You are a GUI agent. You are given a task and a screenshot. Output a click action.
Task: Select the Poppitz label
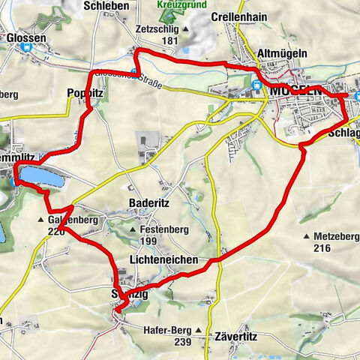[x=85, y=90]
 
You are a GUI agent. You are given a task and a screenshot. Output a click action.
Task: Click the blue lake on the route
[x=39, y=175]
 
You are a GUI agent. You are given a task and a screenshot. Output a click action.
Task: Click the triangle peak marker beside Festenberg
[x=133, y=229]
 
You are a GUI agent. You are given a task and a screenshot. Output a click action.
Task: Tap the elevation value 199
[x=148, y=241]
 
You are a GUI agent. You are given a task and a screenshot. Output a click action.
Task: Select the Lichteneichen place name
[x=163, y=259]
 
